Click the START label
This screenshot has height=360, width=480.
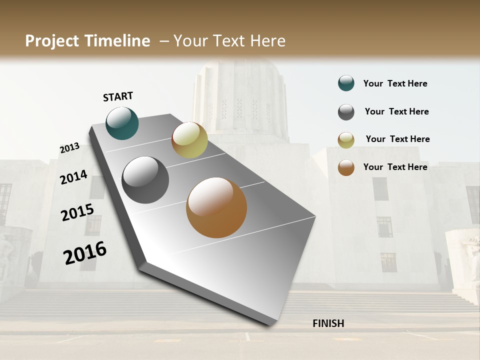pos(118,96)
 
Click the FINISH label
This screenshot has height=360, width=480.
pos(328,323)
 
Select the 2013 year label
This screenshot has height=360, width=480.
pos(69,148)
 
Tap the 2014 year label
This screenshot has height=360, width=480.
pos(73,177)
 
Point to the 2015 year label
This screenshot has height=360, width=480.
pos(77,212)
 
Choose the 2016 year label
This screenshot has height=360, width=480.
pos(85,253)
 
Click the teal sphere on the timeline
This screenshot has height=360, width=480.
pos(122,123)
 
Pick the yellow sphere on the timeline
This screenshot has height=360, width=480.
pos(189,139)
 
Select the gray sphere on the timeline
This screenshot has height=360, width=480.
pos(145,180)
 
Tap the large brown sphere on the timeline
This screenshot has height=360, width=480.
pos(216,207)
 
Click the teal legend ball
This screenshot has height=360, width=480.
pos(346,83)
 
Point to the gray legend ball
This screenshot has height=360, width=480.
pos(346,112)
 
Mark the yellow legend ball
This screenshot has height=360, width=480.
pos(346,140)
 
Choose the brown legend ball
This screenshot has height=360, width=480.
pos(346,167)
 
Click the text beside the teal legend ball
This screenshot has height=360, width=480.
pos(395,84)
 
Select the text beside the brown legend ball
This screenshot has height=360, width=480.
pos(395,167)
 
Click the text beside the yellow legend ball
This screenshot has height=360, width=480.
pos(397,139)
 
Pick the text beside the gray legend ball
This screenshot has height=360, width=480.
pos(396,111)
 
